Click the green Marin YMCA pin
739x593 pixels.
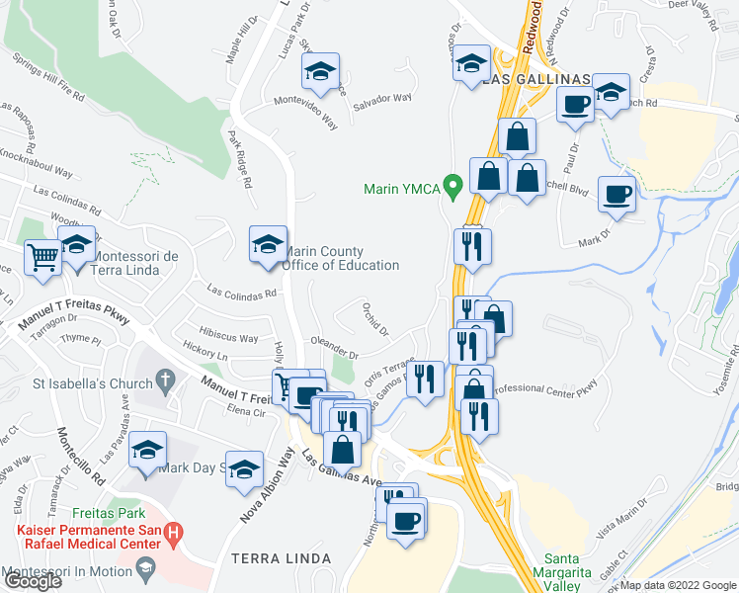[x=453, y=185]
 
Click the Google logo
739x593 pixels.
[x=32, y=581]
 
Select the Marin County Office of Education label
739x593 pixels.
[x=341, y=259]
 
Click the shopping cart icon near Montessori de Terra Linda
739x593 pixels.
[x=41, y=257]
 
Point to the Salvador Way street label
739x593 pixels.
[x=382, y=99]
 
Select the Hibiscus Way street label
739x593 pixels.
[x=213, y=338]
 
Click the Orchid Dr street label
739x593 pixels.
[x=374, y=318]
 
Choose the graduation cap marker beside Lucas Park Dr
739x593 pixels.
[x=320, y=71]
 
